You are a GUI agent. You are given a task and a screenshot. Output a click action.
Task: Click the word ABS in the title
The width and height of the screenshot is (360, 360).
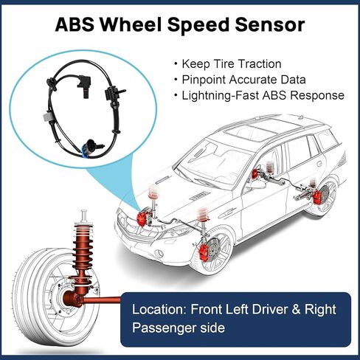75,24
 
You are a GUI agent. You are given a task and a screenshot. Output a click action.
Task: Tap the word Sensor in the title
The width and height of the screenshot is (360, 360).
270,24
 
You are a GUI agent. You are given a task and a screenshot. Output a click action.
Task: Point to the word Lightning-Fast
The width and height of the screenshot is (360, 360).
221,95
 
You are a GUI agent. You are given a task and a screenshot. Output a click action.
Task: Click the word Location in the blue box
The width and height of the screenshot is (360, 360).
159,309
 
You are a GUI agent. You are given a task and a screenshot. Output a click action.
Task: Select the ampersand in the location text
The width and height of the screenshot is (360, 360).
297,309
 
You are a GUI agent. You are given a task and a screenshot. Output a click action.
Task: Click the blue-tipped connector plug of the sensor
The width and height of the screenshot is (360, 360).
86,146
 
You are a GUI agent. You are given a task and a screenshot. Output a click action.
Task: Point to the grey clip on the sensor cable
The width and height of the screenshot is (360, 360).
46,117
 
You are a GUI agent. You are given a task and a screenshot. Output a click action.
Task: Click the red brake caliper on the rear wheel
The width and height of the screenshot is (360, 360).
317,197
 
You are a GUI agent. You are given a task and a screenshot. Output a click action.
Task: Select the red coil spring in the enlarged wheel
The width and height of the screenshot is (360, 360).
83,249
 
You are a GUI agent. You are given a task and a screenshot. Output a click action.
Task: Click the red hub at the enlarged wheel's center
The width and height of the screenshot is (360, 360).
72,298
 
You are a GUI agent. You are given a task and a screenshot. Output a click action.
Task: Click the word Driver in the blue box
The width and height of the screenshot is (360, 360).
269,309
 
